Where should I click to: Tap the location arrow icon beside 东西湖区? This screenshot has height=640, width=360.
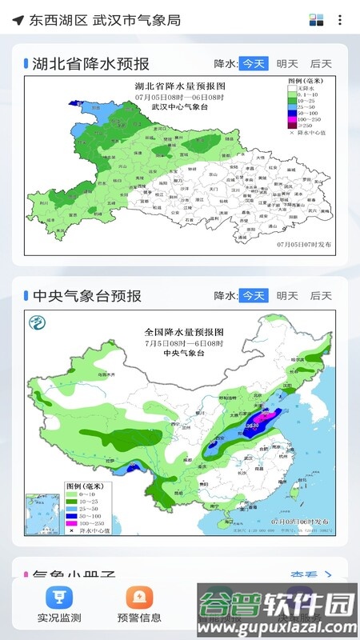tap(18, 20)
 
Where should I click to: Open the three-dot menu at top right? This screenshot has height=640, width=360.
tap(340, 20)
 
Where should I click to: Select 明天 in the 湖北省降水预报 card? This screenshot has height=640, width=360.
tap(287, 64)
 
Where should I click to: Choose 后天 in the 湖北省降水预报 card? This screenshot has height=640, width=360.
tap(321, 64)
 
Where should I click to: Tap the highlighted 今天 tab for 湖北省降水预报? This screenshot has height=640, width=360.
tap(254, 64)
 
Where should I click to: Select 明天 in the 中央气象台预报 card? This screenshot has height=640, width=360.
tap(287, 296)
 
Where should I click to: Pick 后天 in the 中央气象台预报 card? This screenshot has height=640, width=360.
tap(321, 296)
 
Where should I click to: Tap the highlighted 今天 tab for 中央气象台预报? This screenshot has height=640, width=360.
tap(254, 296)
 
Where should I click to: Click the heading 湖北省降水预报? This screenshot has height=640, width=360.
tap(90, 64)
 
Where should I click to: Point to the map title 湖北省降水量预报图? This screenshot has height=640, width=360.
tap(180, 86)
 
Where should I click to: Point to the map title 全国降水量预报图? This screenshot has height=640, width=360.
tap(183, 331)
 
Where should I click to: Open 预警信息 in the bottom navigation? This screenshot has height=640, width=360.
tap(139, 597)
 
